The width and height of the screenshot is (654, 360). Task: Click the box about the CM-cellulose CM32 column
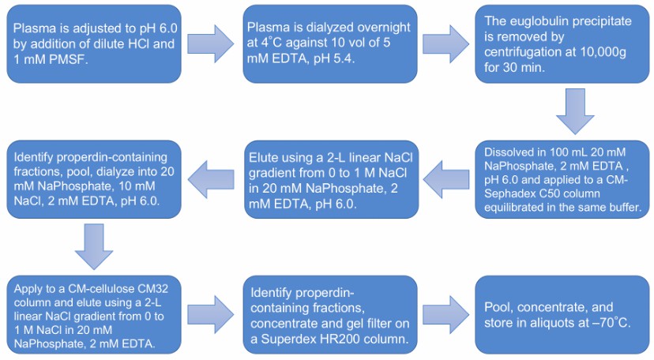click(93, 313)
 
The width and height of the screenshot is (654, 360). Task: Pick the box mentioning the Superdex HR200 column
click(327, 313)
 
